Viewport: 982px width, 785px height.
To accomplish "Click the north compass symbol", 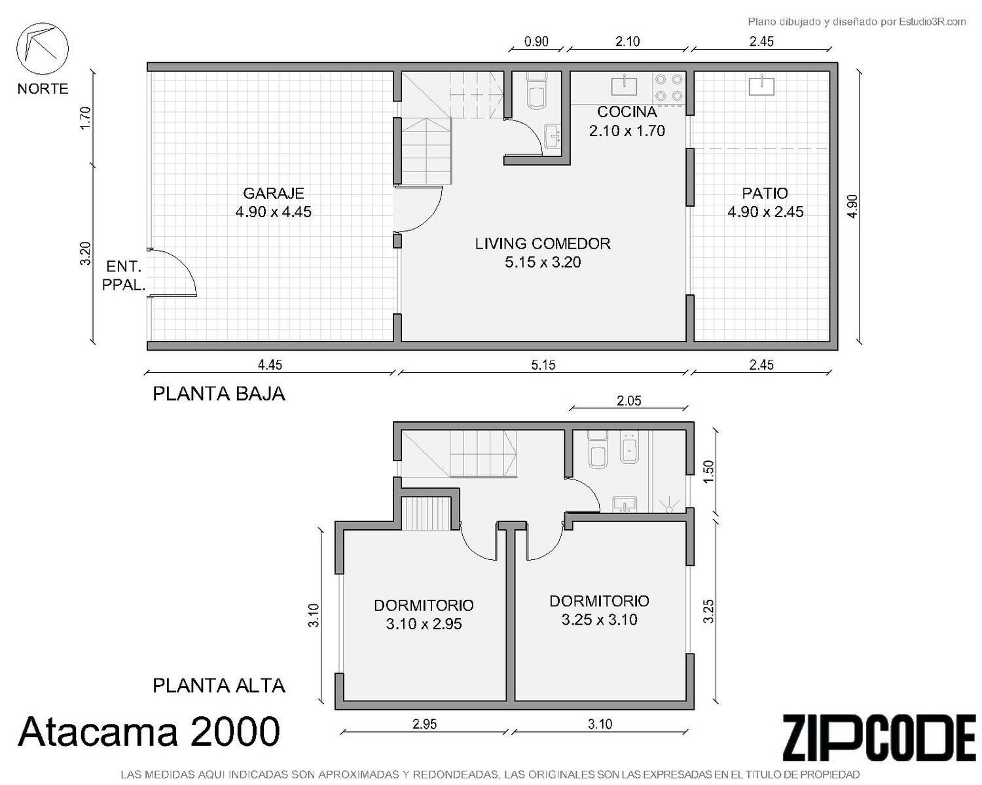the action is click(x=43, y=48).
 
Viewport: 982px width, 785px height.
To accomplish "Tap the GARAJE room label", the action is click(x=274, y=194).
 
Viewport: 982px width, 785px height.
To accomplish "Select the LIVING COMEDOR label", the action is click(x=543, y=243).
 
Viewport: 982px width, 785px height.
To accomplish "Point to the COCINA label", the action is click(x=627, y=112).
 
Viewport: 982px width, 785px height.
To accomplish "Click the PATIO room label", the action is click(x=765, y=194).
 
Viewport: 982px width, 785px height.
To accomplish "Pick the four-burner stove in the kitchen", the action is click(x=668, y=88).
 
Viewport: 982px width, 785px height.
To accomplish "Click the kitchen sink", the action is click(x=624, y=86).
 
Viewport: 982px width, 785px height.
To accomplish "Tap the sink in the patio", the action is click(x=761, y=86).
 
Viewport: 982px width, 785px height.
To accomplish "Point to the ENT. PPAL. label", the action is click(x=124, y=275).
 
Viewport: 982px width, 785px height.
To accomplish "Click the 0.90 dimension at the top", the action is click(x=536, y=41).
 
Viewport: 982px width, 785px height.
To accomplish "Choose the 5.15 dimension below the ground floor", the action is click(x=543, y=365).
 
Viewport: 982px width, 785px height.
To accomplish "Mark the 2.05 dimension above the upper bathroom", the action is click(x=629, y=400).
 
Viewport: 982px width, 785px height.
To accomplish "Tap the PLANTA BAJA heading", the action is click(x=219, y=394).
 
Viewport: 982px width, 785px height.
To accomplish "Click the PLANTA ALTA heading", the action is click(x=219, y=686).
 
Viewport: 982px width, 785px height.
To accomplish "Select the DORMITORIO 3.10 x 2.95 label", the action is click(x=424, y=614).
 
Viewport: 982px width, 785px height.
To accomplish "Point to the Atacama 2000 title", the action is click(x=149, y=731).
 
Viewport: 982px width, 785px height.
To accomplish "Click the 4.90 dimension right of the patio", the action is click(x=852, y=207).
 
